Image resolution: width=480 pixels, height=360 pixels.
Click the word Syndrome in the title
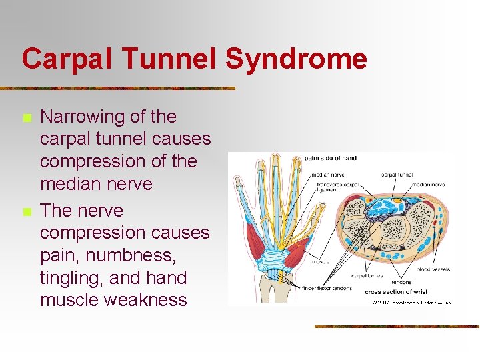pyautogui.click(x=296, y=59)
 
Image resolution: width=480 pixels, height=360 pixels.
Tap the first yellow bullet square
pyautogui.click(x=26, y=118)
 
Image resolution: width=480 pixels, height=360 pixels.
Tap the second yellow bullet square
pyautogui.click(x=26, y=212)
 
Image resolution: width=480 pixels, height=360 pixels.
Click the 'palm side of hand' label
pyautogui.click(x=331, y=159)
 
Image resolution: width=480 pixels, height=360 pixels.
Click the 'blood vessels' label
pyautogui.click(x=433, y=270)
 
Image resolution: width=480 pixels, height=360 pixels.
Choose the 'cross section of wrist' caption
pyautogui.click(x=396, y=292)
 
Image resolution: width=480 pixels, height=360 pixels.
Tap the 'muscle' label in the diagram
pyautogui.click(x=320, y=262)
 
